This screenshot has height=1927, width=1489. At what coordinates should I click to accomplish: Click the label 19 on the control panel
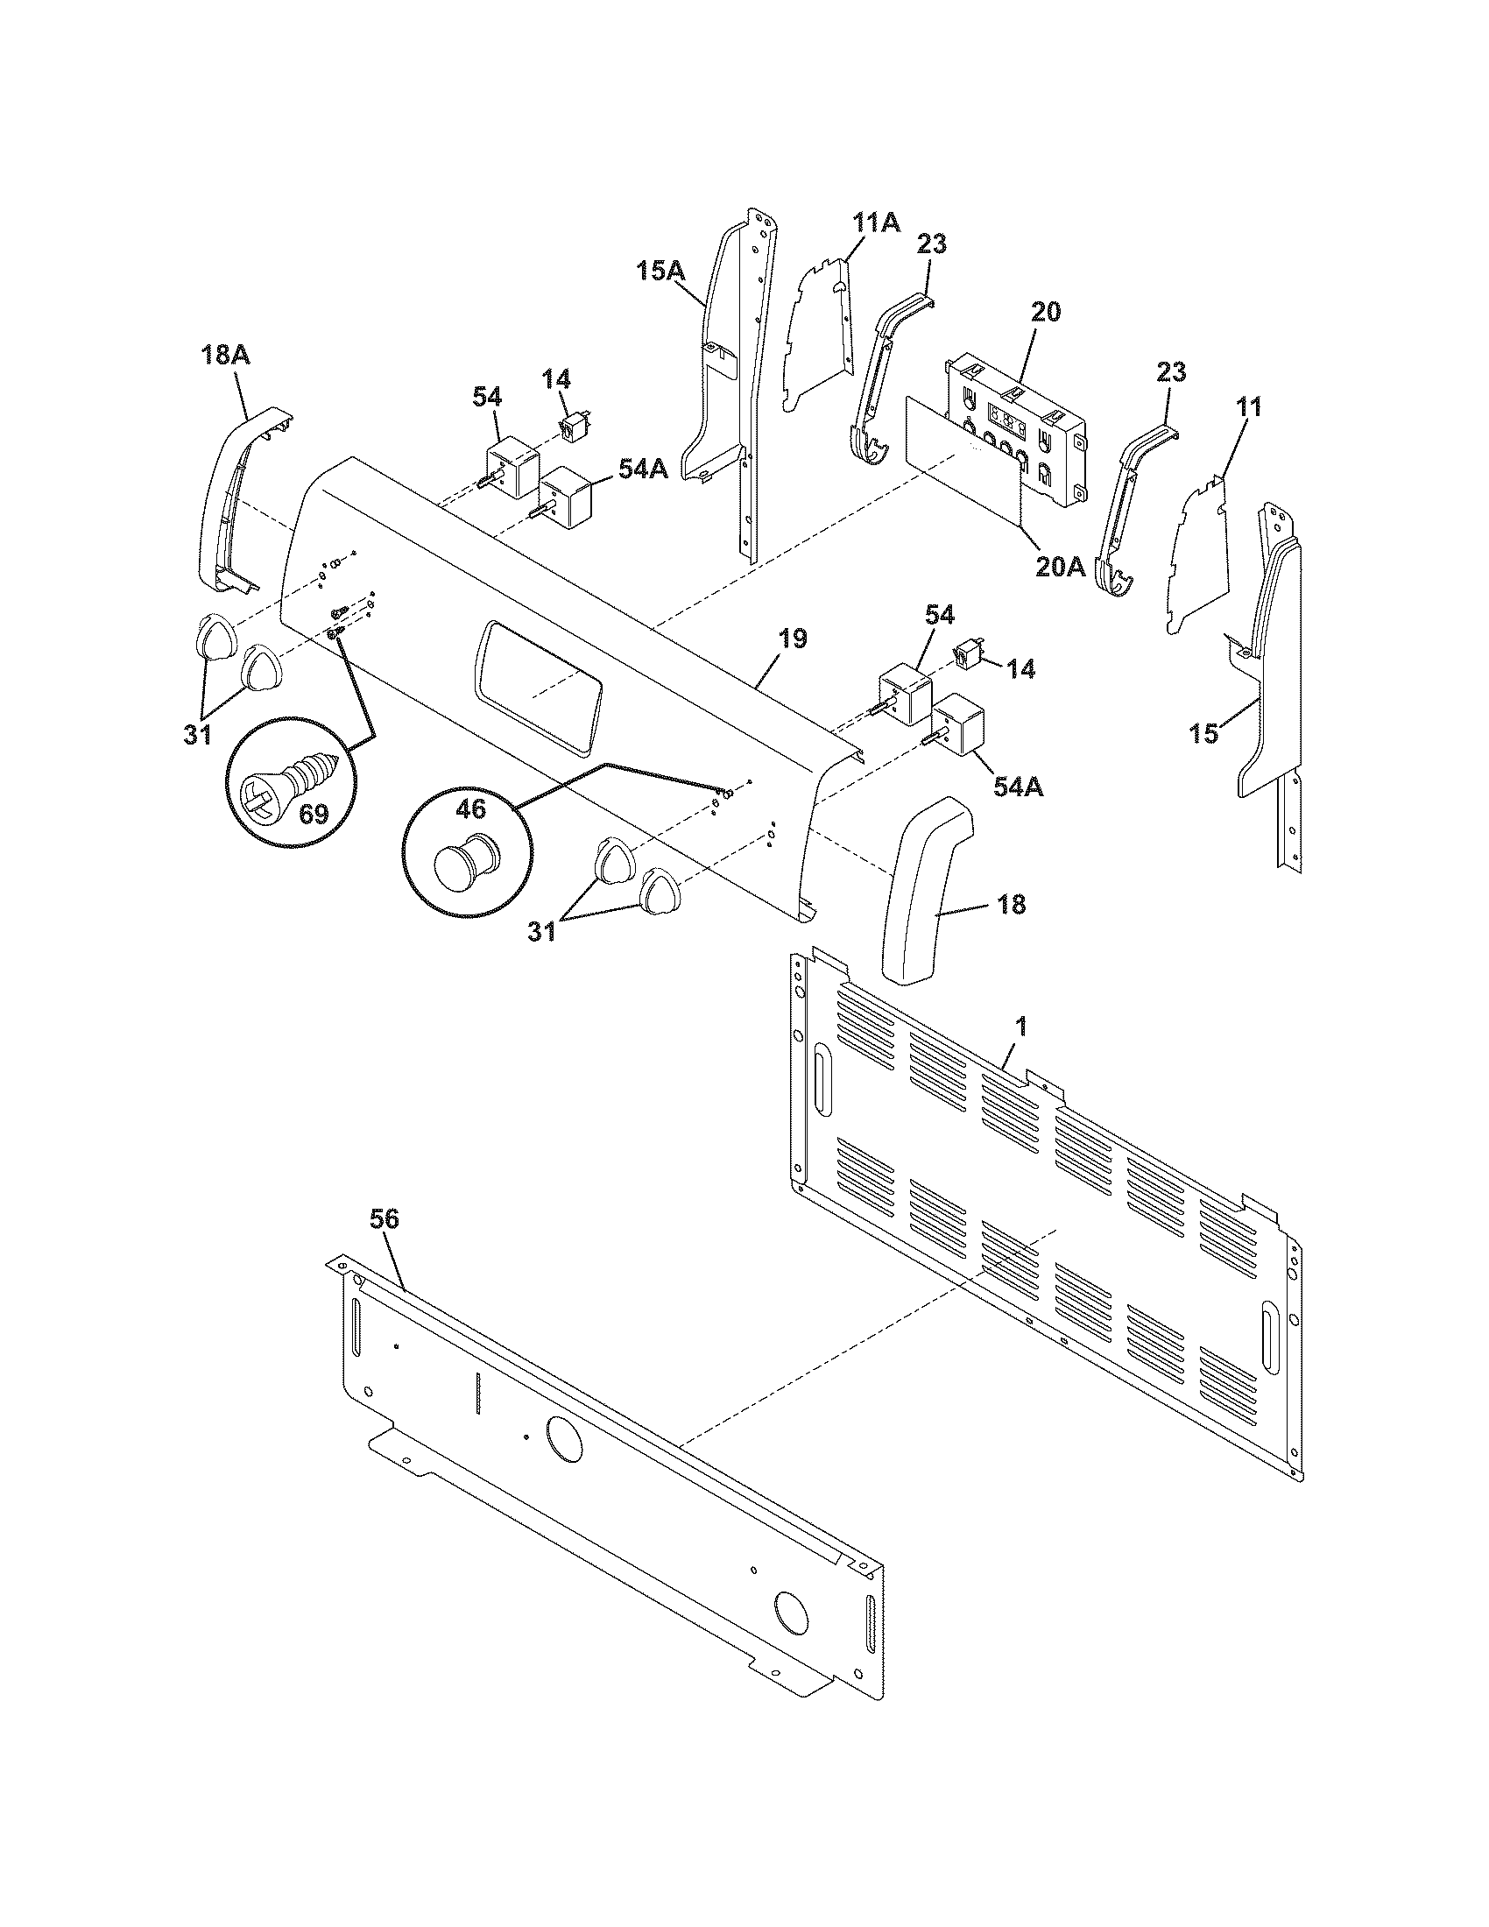coord(792,639)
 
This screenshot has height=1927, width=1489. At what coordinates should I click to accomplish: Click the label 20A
coord(1061,566)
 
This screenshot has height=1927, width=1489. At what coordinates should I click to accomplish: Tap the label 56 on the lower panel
coord(384,1220)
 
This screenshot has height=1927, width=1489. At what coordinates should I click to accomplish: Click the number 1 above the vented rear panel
coord(1020,1027)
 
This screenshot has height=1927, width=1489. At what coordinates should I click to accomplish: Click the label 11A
coord(876,222)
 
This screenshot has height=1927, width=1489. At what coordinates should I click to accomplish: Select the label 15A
coord(660,270)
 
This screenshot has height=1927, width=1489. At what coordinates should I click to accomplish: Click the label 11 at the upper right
coord(1248,406)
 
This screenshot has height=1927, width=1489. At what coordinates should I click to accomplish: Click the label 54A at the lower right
coord(1017,787)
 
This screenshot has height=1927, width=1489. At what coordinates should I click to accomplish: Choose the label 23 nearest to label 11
coord(1170,371)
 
